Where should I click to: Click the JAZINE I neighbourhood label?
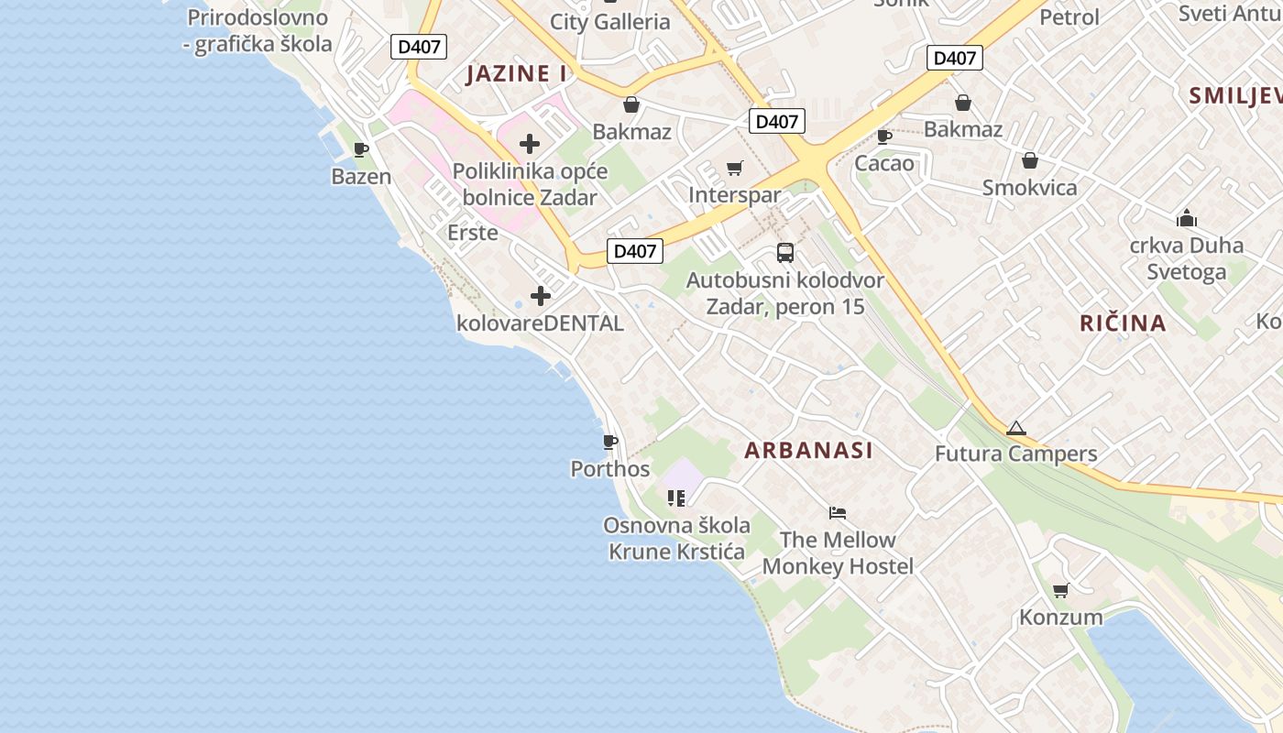coord(516,73)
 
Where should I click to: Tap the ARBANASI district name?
coord(808,450)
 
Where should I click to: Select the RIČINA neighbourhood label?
coord(1123,323)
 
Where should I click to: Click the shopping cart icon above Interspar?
coord(734,168)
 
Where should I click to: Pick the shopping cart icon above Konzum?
coord(1061,590)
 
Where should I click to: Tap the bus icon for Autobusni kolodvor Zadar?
coord(785,253)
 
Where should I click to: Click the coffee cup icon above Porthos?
coord(610,443)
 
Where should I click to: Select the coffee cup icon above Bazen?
coord(361,149)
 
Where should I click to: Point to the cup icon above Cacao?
coord(884,137)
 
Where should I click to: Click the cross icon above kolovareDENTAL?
coord(541,296)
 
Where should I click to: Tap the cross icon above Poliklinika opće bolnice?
coord(530,144)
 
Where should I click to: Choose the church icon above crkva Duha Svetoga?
coord(1187,218)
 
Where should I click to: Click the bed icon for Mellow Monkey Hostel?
coord(838,513)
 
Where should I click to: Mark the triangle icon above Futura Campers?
coord(1015,428)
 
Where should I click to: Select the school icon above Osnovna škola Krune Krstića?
coord(676,498)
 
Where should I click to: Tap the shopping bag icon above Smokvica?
coord(1030,160)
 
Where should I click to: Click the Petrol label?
coord(1069,16)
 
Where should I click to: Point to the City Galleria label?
coord(609,22)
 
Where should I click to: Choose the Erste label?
coord(473,233)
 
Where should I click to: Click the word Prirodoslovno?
coord(258,17)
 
